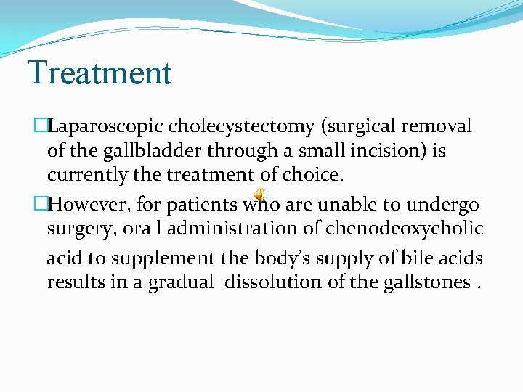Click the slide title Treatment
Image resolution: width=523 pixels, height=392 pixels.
coord(100,73)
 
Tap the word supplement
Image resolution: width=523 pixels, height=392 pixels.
coord(171,258)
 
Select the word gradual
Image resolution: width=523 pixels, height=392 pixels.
coord(181,282)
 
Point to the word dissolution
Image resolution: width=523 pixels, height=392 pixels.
coord(275,282)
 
